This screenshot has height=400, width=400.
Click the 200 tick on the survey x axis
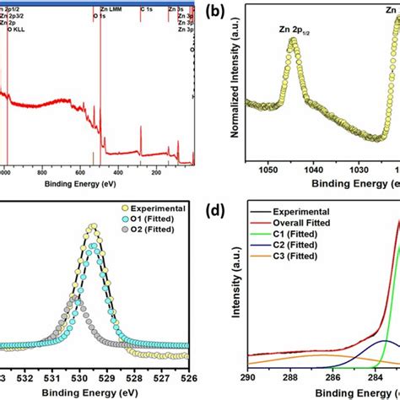156,171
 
